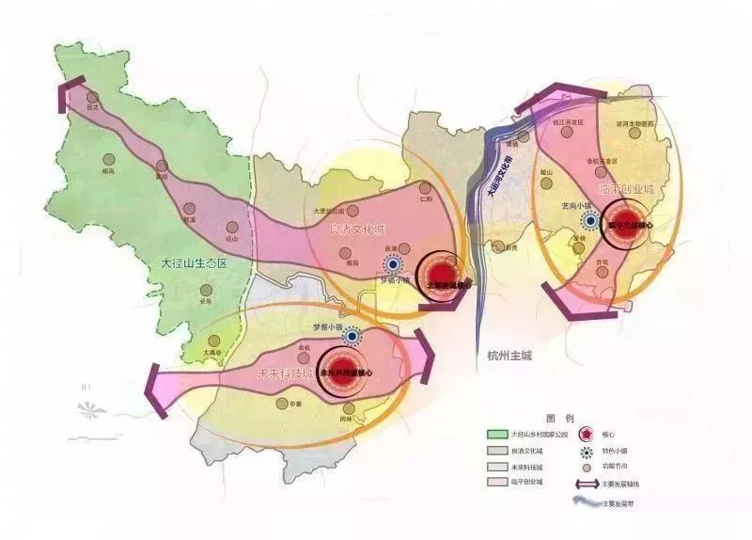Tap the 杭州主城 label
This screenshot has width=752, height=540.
(x=509, y=357)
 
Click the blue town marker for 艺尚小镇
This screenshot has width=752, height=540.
(x=590, y=221)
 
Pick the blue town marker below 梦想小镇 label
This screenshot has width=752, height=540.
(x=352, y=336)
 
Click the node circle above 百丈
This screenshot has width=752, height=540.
(x=92, y=96)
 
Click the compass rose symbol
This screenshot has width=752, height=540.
(x=91, y=411)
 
